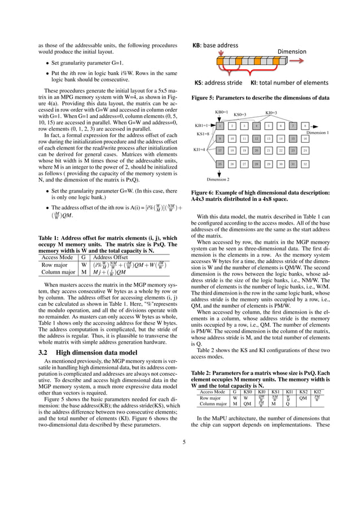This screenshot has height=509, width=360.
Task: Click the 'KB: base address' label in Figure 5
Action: (x=216, y=45)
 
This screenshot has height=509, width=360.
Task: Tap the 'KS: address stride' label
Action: (x=217, y=82)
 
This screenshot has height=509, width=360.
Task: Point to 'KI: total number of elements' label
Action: (x=289, y=82)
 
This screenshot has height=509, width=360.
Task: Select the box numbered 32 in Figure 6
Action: (x=305, y=164)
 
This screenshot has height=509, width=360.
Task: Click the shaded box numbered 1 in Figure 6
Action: (x=220, y=126)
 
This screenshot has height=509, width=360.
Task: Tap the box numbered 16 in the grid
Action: (x=305, y=138)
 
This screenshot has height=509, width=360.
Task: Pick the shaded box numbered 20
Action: (x=256, y=151)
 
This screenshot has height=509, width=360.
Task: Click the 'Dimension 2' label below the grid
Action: (x=218, y=179)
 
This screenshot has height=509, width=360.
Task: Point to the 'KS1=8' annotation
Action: (x=203, y=134)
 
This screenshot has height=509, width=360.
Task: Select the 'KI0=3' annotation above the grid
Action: (x=271, y=113)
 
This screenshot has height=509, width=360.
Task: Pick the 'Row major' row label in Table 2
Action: (x=210, y=397)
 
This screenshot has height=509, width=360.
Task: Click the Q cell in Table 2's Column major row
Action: (x=287, y=404)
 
